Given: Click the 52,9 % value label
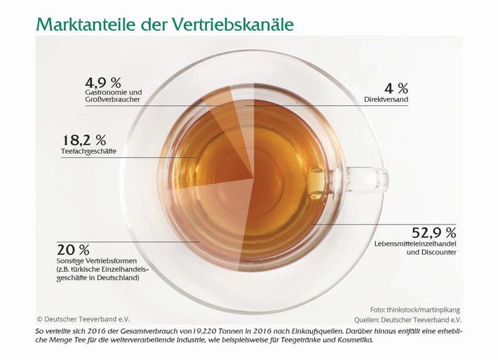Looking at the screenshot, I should tap(433, 232).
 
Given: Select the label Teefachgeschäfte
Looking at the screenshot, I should tap(89, 151).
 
